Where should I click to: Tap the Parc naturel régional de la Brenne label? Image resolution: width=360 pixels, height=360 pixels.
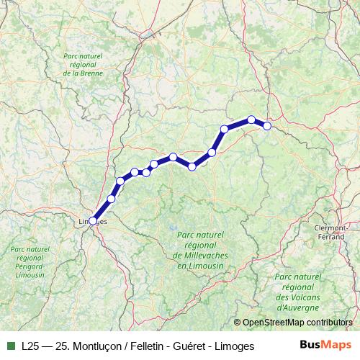(x=83, y=64)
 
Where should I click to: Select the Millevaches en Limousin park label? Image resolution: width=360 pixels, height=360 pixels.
(x=200, y=251)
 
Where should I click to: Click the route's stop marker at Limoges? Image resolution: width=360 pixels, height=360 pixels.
(x=93, y=220)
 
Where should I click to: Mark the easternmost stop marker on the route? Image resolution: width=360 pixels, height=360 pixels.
(x=266, y=126)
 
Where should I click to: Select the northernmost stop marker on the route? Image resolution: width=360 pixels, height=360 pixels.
(x=251, y=120)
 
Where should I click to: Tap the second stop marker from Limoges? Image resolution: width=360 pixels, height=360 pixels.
(x=111, y=199)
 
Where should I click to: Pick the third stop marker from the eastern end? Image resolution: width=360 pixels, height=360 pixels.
(x=225, y=129)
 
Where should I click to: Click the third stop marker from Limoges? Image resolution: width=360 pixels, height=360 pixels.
(x=120, y=181)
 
